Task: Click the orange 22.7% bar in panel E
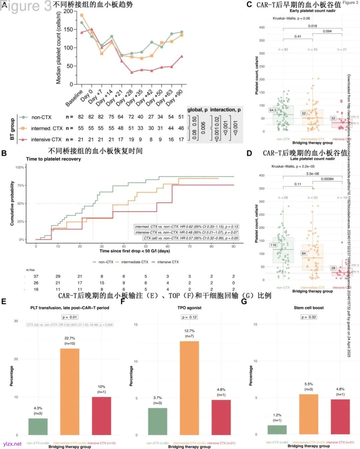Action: pos(70,392)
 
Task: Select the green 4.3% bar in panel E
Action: pos(38,427)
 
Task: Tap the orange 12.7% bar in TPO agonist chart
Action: pos(189,388)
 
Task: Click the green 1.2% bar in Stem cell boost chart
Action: pos(277,430)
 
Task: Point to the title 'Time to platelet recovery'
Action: pos(53,159)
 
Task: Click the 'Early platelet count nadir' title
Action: pos(312,11)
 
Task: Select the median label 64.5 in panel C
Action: pos(273,110)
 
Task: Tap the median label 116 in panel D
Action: pos(273,245)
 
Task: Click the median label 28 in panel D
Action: pos(333,268)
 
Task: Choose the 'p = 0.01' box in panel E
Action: pos(70,317)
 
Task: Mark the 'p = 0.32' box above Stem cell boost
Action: pos(309,317)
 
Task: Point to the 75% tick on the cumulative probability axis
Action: pos(20,185)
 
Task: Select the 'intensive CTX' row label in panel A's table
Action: pos(46,139)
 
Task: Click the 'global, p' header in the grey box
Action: pos(197,110)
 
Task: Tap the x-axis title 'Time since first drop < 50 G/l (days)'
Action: pos(135,251)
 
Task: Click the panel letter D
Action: pos(249,153)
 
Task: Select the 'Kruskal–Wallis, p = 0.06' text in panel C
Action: pos(291,18)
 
